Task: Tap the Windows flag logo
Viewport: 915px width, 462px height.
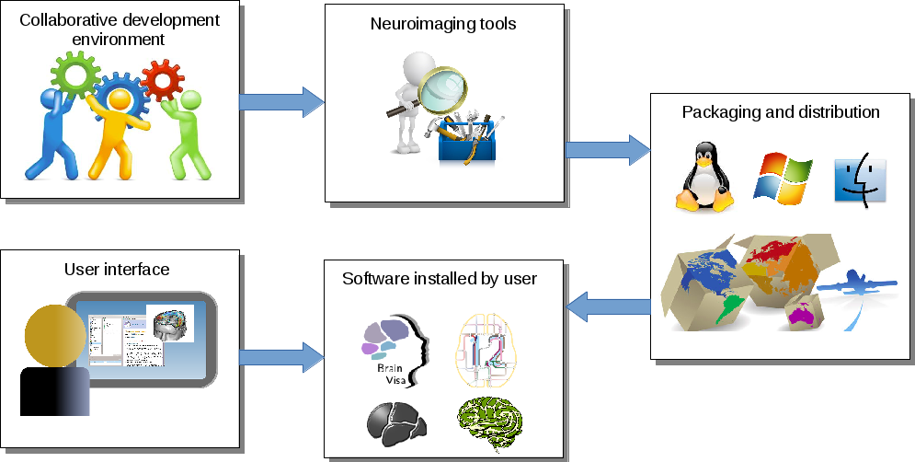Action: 783,178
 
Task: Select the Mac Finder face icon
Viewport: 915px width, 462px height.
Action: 859,179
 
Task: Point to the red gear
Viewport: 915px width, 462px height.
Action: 164,80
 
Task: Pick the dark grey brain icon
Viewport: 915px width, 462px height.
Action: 395,423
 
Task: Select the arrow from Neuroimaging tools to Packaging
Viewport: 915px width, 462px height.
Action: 607,148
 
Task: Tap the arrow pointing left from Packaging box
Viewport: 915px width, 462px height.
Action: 607,306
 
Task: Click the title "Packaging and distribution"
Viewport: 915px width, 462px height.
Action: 781,112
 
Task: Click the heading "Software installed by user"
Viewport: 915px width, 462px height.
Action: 440,278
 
